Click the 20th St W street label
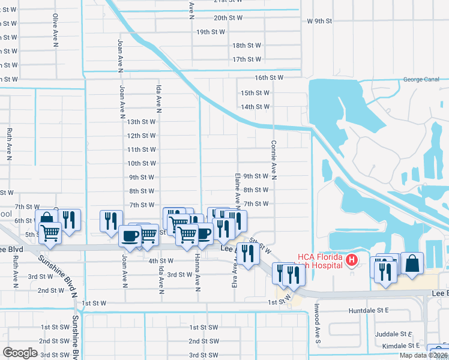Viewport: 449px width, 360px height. [x=228, y=18]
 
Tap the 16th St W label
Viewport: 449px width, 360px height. [x=268, y=78]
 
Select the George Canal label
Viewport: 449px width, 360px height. [x=421, y=79]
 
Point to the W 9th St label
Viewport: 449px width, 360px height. [x=319, y=21]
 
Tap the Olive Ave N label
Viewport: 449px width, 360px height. [x=55, y=30]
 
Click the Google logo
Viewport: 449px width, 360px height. [x=20, y=353]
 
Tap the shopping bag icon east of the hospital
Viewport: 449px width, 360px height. [x=412, y=263]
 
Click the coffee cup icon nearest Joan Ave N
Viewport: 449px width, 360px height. [x=130, y=236]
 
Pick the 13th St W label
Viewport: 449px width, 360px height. [x=142, y=122]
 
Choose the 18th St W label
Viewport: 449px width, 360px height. [x=247, y=46]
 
